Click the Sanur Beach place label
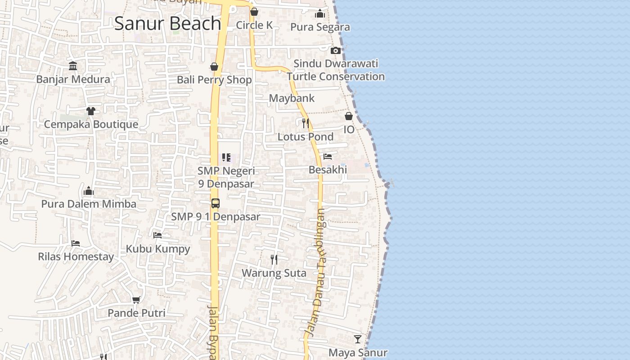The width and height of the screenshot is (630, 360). (x=167, y=23)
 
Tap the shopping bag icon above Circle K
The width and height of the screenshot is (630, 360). (x=254, y=12)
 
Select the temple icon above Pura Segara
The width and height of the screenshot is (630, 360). (x=320, y=13)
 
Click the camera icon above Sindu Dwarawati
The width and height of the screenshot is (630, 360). (x=335, y=50)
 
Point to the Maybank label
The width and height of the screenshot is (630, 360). (x=292, y=98)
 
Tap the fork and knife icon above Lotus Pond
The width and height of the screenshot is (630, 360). (x=306, y=123)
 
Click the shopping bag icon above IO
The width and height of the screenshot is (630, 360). (x=349, y=116)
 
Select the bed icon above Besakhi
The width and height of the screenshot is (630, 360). (x=328, y=157)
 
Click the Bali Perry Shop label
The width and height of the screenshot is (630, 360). (x=214, y=80)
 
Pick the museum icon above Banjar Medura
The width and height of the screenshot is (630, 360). (x=73, y=67)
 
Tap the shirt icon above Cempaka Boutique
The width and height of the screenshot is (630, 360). (x=91, y=111)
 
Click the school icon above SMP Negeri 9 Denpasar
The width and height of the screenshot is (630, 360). (x=226, y=157)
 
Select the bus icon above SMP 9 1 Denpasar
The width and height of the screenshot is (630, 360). (x=216, y=203)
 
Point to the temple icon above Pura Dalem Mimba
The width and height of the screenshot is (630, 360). (x=89, y=191)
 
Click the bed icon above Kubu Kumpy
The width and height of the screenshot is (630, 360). (x=157, y=235)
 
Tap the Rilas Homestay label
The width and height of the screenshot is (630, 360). (x=76, y=257)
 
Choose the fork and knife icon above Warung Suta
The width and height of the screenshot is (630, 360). (x=274, y=260)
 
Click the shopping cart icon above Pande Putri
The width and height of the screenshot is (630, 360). (x=136, y=300)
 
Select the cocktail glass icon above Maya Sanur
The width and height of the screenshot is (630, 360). (x=358, y=339)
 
